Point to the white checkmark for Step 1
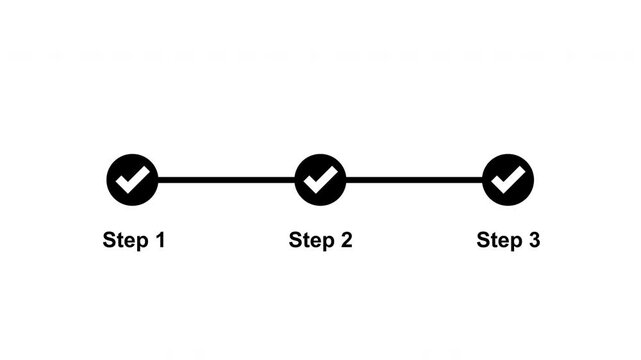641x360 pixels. (x=132, y=180)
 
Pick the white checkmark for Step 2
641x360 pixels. (x=320, y=180)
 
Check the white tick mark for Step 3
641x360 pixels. (x=508, y=180)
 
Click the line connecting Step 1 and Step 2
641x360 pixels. (x=226, y=180)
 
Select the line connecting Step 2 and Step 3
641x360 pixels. (x=414, y=180)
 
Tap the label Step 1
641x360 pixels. (x=133, y=240)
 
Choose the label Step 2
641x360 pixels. (x=320, y=240)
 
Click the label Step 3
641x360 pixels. (x=508, y=240)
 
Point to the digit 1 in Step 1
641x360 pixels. (x=158, y=240)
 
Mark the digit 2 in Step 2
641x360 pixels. (x=346, y=240)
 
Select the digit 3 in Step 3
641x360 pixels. (x=534, y=240)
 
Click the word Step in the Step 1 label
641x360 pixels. (x=124, y=240)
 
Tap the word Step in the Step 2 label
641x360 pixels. (x=311, y=240)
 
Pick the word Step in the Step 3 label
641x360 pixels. (x=499, y=240)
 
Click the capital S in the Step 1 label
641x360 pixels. (x=109, y=240)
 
